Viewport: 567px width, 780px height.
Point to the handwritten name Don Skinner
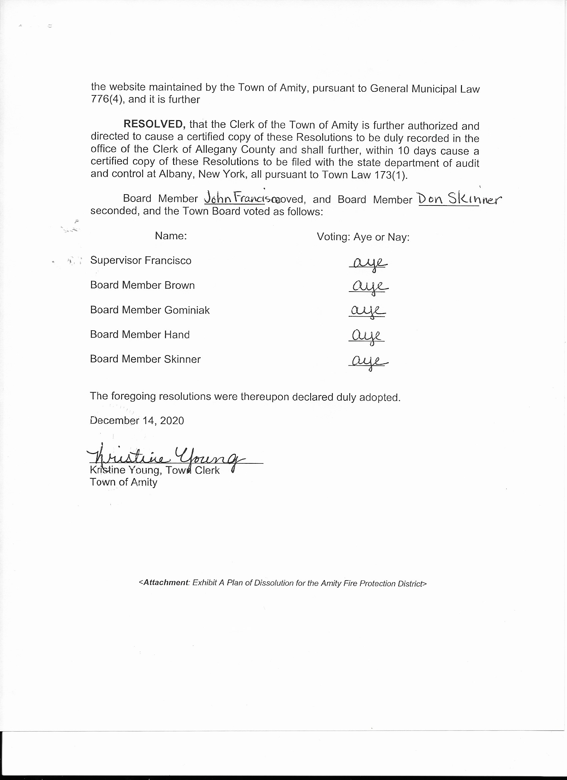(x=459, y=199)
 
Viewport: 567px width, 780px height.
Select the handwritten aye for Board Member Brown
(x=369, y=287)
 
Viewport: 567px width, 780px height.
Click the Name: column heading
(x=170, y=236)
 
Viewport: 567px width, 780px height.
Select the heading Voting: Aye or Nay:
(x=363, y=237)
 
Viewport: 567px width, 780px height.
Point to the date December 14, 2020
(x=137, y=421)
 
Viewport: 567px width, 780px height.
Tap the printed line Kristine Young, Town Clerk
(x=155, y=470)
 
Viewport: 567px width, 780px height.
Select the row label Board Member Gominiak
(x=150, y=310)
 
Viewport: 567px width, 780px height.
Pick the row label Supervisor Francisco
(x=141, y=260)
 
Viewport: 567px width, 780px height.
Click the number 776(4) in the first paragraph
(x=107, y=100)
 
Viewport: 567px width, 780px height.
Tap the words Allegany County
(x=235, y=149)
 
